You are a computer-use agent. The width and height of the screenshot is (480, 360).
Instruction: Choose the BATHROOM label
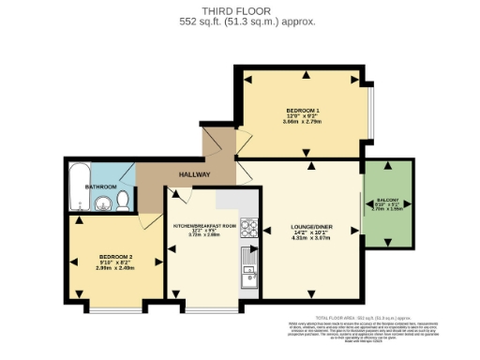101,187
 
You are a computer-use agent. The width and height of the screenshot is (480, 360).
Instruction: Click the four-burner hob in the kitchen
248,228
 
